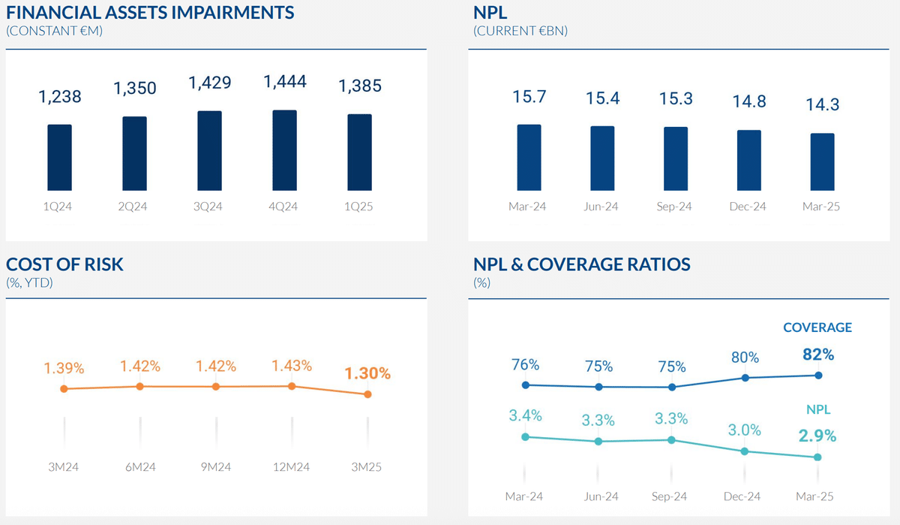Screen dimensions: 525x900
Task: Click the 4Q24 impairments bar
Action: click(284, 150)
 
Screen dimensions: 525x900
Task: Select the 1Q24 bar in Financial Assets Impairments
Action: click(59, 157)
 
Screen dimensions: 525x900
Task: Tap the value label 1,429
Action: click(210, 83)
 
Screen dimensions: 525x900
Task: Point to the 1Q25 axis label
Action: click(359, 207)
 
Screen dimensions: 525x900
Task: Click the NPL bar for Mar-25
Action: click(823, 161)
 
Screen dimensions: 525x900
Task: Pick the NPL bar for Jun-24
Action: click(602, 158)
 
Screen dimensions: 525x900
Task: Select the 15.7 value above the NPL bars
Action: click(529, 97)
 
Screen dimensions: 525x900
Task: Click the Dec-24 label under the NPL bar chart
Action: click(748, 207)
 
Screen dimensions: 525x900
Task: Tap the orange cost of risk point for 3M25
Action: click(367, 394)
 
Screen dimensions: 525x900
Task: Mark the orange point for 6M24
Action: click(139, 386)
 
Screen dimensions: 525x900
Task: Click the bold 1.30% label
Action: click(367, 373)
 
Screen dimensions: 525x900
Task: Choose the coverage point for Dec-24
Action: click(745, 378)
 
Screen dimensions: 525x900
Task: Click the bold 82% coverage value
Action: click(817, 354)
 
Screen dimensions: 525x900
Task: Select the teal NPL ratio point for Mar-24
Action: click(525, 436)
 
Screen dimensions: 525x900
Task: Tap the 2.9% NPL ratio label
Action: click(817, 436)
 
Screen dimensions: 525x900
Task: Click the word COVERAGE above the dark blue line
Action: click(817, 327)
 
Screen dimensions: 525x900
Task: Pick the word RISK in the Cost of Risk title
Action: click(102, 264)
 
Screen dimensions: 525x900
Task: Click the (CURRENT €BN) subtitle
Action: click(520, 32)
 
